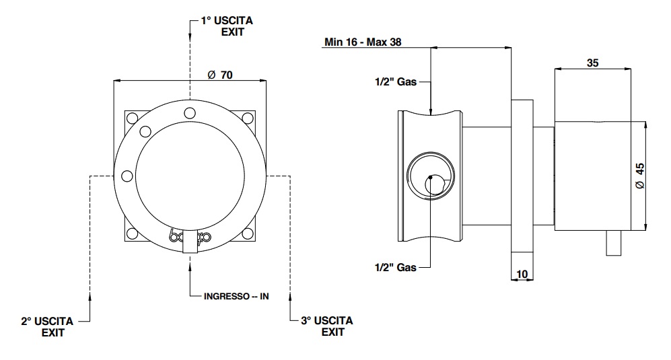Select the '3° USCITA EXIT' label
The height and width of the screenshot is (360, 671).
(326, 326)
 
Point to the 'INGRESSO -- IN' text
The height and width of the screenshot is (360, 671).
(236, 296)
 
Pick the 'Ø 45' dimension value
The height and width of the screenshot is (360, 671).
(640, 175)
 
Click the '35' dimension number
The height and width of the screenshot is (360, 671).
(592, 64)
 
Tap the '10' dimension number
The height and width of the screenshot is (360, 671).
(522, 274)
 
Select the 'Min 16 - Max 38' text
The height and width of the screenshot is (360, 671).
(363, 42)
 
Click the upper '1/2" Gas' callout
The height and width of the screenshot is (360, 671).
(396, 82)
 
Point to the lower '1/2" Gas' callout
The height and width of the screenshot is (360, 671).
(396, 267)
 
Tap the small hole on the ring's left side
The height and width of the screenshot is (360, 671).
(127, 176)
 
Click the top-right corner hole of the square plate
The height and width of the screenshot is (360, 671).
(247, 118)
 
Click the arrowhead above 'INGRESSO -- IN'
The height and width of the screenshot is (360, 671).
(190, 265)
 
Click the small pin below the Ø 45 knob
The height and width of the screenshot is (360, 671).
(614, 244)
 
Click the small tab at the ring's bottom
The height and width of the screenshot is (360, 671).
(190, 242)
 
